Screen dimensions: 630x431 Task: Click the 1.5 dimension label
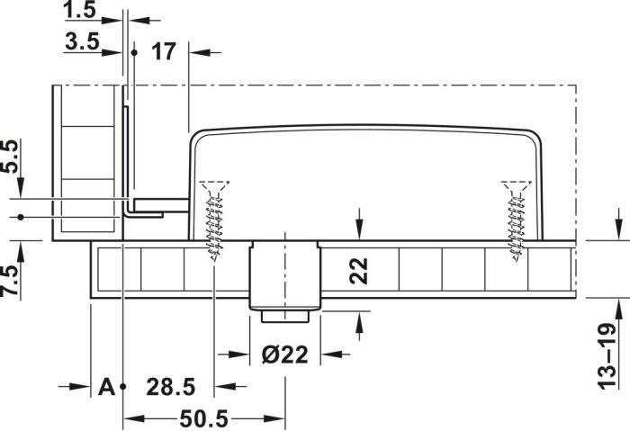pyautogui.click(x=79, y=10)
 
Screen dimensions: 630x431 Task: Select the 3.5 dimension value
pyautogui.click(x=82, y=41)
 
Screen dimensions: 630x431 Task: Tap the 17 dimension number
pyautogui.click(x=164, y=52)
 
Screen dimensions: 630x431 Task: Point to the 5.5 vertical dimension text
pyautogui.click(x=10, y=157)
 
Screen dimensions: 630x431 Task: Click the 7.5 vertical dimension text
pyautogui.click(x=10, y=281)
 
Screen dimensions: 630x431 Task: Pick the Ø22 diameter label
pyautogui.click(x=285, y=355)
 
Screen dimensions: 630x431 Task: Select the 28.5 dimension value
pyautogui.click(x=171, y=387)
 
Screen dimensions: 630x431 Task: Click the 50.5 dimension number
pyautogui.click(x=204, y=419)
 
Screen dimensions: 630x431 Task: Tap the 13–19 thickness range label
pyautogui.click(x=607, y=356)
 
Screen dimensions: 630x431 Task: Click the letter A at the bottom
pyautogui.click(x=106, y=387)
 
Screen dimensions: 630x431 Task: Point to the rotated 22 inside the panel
pyautogui.click(x=359, y=271)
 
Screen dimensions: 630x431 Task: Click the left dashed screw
pyautogui.click(x=214, y=220)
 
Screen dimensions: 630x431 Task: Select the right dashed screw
pyautogui.click(x=517, y=220)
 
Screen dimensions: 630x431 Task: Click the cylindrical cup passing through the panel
pyautogui.click(x=285, y=275)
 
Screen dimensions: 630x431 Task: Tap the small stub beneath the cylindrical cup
pyautogui.click(x=285, y=316)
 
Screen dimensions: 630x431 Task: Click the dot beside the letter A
pyautogui.click(x=123, y=386)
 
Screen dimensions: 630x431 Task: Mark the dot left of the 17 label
pyautogui.click(x=134, y=52)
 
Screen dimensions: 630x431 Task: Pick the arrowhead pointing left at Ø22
pyautogui.click(x=332, y=355)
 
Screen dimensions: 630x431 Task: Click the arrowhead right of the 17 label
pyautogui.click(x=200, y=52)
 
